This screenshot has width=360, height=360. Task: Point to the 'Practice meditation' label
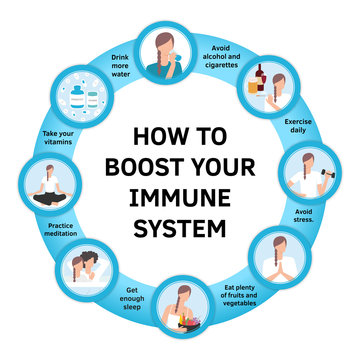(x=61, y=232)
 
